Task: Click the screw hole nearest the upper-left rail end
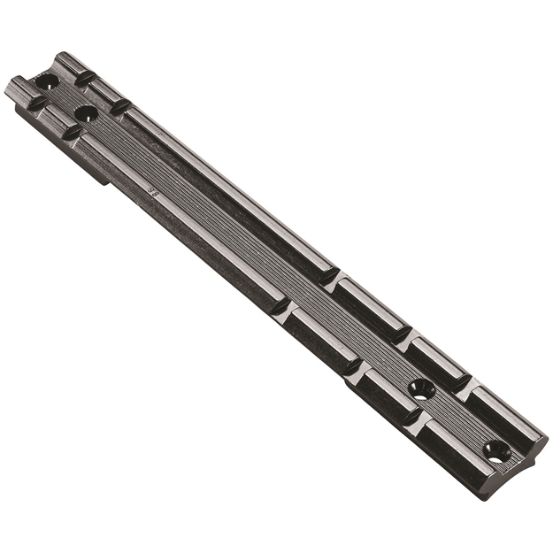click(47, 81)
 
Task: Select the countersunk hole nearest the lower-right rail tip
click(497, 451)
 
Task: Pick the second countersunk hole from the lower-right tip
click(422, 388)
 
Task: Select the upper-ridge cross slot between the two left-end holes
click(84, 79)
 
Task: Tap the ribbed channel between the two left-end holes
click(67, 97)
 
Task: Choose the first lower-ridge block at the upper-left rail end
click(21, 90)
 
